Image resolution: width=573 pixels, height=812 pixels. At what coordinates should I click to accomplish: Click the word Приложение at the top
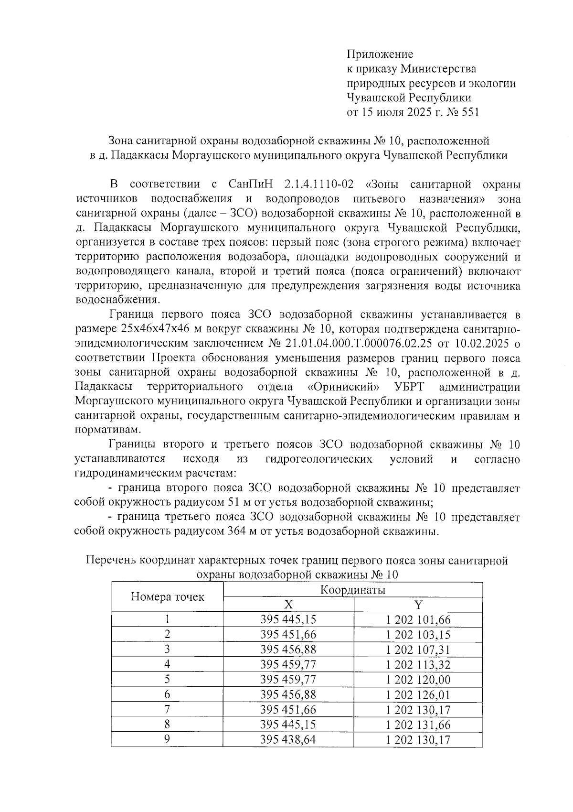click(x=380, y=54)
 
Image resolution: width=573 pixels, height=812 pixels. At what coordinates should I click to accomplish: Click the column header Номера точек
click(x=167, y=596)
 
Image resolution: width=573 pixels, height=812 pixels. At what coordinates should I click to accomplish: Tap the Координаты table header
click(x=352, y=590)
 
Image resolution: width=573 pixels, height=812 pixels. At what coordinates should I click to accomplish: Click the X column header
click(x=288, y=605)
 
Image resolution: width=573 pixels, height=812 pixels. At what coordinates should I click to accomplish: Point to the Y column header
click(x=418, y=605)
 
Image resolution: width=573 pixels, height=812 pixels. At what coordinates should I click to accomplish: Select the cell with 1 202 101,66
click(x=418, y=620)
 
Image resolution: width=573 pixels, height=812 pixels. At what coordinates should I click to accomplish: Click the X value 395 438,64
click(x=288, y=739)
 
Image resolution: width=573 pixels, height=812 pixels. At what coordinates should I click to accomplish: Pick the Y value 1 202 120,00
click(x=418, y=680)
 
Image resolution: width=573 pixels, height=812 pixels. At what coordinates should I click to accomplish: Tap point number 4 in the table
click(x=167, y=664)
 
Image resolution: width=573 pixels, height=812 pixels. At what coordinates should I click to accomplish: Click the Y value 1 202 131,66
click(x=418, y=725)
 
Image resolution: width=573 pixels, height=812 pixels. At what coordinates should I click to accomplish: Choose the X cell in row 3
click(x=288, y=650)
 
